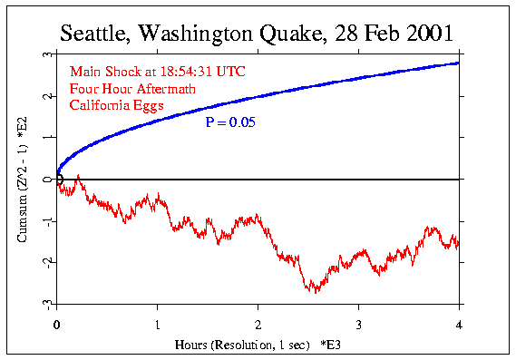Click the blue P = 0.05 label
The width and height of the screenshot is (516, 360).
[x=229, y=121]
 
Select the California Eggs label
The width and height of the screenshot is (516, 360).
[x=108, y=105]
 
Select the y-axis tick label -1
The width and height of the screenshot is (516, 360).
[x=45, y=220]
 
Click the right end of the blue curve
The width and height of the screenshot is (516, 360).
[x=458, y=63]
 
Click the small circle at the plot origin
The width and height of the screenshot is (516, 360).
[x=59, y=180]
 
